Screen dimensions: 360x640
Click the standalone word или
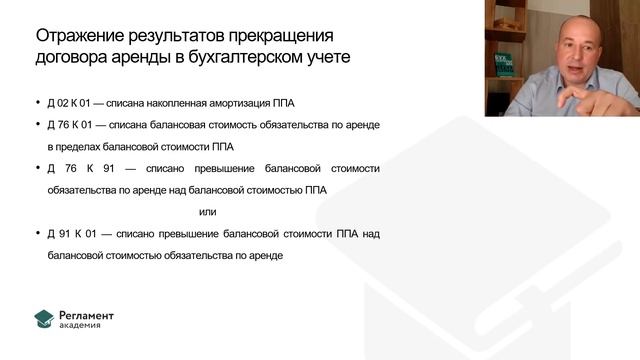[207, 211]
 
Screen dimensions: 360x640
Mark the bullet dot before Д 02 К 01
[37, 102]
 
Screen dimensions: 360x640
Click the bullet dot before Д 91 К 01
[37, 234]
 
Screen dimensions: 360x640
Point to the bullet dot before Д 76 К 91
[37, 167]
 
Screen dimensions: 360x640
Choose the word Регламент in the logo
[87, 315]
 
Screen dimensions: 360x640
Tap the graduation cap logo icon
[44, 319]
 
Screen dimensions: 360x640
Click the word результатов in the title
[177, 36]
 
